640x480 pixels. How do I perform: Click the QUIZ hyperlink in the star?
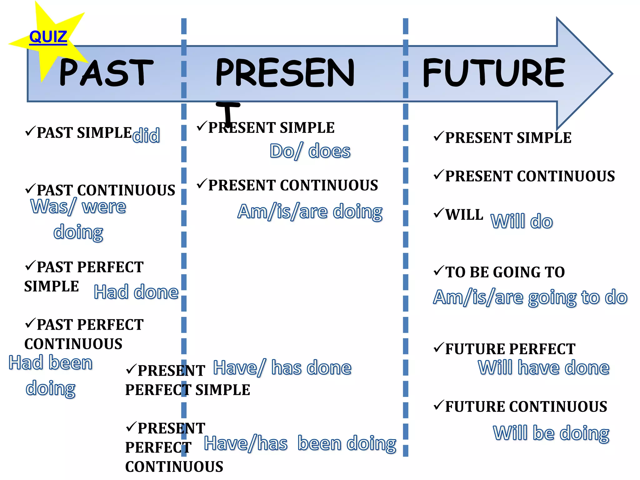point(48,37)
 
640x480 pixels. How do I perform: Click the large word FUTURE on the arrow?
point(494,72)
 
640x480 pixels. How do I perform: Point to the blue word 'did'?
point(146,135)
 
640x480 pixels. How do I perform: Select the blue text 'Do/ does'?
point(310,151)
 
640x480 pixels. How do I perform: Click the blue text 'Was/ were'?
point(78,207)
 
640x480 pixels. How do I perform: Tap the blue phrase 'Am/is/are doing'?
point(310,212)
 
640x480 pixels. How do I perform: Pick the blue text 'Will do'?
point(522,221)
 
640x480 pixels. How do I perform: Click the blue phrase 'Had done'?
point(136,292)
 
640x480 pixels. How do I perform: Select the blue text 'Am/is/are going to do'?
point(530,297)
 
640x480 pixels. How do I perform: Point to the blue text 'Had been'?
point(50,363)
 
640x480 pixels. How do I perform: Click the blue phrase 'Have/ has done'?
point(282,367)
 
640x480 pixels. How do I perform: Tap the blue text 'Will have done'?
point(543,367)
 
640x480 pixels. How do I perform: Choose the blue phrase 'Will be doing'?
point(551,433)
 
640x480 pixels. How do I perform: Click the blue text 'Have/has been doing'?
point(300,443)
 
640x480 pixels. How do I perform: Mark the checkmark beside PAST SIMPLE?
point(30,131)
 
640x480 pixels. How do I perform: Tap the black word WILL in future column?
point(464,215)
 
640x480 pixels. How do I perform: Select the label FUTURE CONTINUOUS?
point(526,407)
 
